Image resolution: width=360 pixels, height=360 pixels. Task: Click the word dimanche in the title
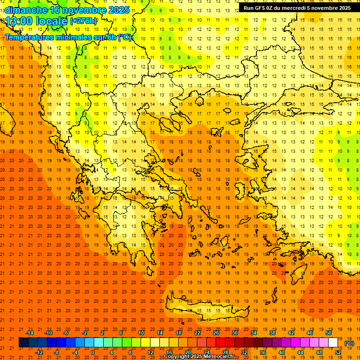(x=26, y=10)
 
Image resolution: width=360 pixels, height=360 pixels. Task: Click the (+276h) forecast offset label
(x=83, y=21)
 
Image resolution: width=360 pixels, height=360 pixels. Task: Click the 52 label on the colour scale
(x=338, y=352)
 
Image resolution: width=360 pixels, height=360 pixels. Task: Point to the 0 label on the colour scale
(x=93, y=352)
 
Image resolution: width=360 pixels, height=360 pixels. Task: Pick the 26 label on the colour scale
(x=216, y=333)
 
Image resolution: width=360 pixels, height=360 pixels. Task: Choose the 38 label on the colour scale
(x=272, y=333)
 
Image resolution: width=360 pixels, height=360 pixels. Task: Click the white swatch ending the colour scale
(x=333, y=343)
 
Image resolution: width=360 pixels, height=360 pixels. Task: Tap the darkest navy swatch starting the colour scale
(x=23, y=343)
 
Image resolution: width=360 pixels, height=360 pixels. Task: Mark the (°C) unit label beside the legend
(x=349, y=343)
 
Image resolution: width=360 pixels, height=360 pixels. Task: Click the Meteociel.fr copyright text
(x=199, y=357)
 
